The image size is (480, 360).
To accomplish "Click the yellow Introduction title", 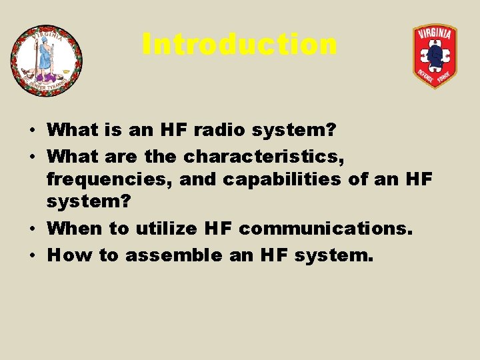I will [239, 45].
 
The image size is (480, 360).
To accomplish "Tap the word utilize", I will [167, 229].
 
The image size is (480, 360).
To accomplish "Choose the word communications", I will [325, 229].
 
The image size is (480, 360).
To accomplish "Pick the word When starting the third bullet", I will [75, 229].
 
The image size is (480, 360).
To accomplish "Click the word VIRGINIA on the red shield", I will [435, 34].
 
